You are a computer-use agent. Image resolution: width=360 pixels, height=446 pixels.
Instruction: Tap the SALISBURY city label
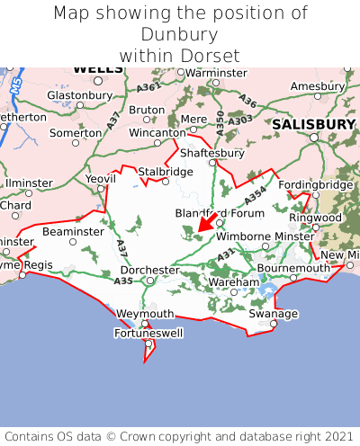(x=314, y=123)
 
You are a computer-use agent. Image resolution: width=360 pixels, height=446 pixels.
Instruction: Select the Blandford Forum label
(x=219, y=214)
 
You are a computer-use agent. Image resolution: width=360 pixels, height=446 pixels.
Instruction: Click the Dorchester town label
(x=149, y=270)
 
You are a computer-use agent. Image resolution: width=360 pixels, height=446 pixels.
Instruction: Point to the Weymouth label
(x=145, y=314)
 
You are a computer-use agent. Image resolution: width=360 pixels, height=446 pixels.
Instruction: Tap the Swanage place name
(x=273, y=314)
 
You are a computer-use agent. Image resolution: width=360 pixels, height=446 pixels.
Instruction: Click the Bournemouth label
(x=294, y=268)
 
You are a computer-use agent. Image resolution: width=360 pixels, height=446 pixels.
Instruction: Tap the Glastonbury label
(x=78, y=94)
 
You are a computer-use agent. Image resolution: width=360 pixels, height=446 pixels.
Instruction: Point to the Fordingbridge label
(x=316, y=184)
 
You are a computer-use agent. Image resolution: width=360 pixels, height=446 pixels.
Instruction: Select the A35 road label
(x=123, y=281)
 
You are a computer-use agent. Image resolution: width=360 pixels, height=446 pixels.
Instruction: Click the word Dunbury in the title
(x=180, y=34)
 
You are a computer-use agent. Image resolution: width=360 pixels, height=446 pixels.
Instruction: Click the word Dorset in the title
(x=211, y=55)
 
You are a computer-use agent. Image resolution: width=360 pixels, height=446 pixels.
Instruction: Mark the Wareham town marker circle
(x=229, y=293)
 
